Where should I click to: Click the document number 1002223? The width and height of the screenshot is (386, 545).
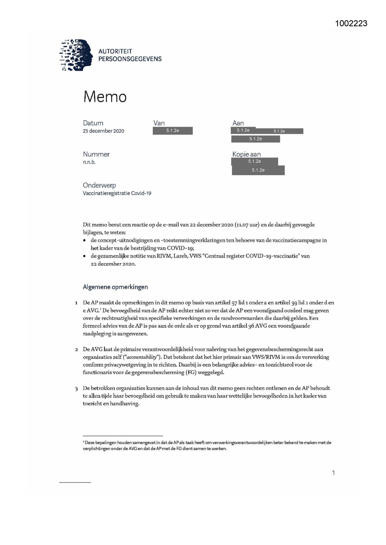[x=351, y=23]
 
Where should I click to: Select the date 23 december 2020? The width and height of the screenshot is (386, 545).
[x=103, y=131]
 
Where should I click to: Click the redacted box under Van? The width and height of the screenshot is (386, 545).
[x=173, y=131]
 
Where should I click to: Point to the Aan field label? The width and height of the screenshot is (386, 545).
[x=238, y=123]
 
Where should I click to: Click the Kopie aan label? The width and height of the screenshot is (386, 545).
[x=246, y=154]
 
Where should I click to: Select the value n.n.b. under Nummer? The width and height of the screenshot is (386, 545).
[x=89, y=162]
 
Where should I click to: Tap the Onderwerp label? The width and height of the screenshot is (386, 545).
[x=99, y=185]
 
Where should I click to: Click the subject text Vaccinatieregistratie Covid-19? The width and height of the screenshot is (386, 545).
[x=117, y=193]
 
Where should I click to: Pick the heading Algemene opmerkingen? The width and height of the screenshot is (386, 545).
[x=115, y=287]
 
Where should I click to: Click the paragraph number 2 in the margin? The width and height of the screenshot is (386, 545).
[x=77, y=350]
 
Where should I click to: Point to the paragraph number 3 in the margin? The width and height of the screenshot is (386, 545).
[x=77, y=388]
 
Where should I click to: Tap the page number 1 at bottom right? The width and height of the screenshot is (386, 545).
[x=333, y=473]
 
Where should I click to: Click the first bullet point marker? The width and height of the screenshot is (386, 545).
[x=85, y=240]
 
